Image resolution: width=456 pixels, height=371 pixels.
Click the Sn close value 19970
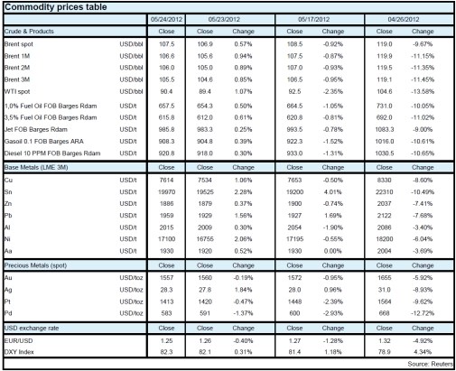(x=165, y=192)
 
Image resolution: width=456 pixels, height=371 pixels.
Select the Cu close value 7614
(x=165, y=181)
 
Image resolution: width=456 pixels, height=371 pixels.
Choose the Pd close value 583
(x=165, y=312)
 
